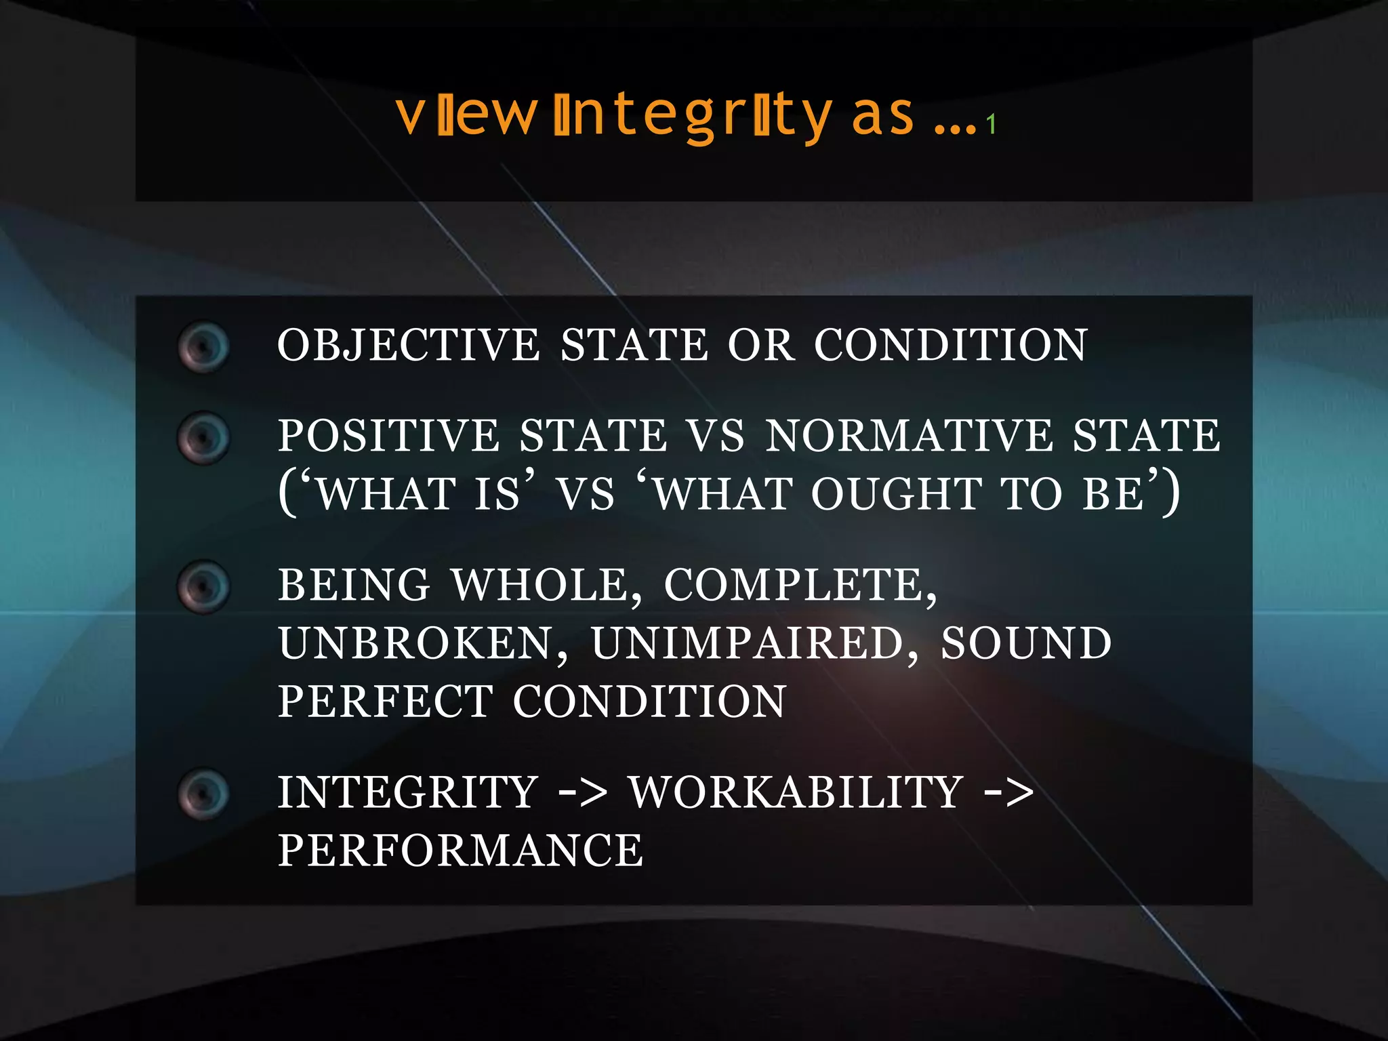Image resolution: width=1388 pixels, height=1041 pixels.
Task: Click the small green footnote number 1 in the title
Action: point(991,125)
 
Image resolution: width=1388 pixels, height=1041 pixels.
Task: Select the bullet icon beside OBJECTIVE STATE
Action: point(203,346)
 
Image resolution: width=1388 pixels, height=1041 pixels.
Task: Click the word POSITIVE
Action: point(388,435)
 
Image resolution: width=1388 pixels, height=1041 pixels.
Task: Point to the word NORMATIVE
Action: point(909,435)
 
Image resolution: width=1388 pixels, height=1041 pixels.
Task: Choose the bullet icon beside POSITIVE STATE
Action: point(203,438)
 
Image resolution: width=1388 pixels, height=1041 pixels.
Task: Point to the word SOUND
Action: point(1026,643)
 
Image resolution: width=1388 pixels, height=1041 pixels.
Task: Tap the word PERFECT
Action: point(386,701)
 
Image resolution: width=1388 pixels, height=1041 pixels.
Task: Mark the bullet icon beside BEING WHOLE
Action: point(203,587)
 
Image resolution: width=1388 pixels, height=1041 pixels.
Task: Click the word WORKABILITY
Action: point(796,792)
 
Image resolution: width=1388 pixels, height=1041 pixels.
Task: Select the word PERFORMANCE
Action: point(461,851)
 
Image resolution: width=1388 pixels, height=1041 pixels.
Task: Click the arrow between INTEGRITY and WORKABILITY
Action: point(582,793)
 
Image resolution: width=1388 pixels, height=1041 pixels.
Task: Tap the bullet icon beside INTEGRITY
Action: point(203,794)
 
